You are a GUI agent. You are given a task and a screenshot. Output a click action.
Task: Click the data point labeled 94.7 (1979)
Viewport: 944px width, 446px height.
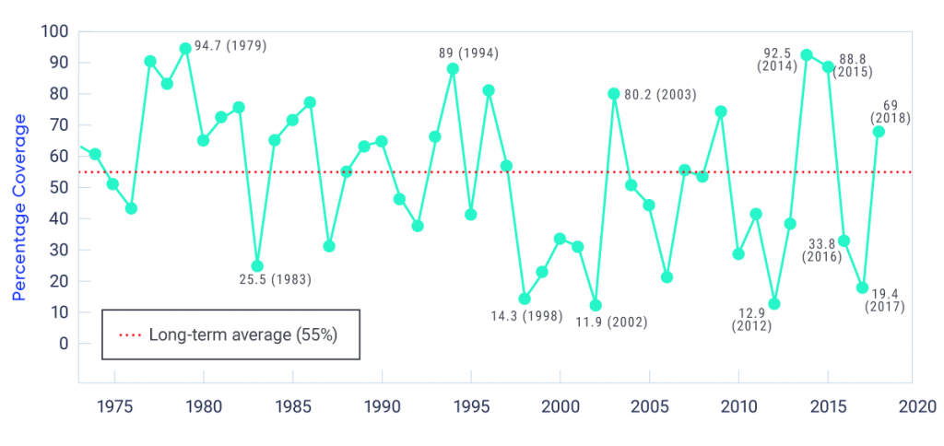tap(185, 48)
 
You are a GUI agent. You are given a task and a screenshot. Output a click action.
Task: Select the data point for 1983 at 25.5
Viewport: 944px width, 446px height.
tap(257, 266)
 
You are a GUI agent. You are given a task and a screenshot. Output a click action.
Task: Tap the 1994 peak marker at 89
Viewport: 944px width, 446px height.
tap(453, 68)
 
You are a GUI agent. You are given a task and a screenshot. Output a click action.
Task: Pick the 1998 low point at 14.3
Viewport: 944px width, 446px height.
tap(525, 299)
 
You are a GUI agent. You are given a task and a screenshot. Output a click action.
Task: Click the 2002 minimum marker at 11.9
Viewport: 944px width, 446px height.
tap(596, 305)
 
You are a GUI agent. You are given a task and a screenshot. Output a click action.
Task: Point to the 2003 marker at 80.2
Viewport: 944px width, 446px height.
tap(614, 93)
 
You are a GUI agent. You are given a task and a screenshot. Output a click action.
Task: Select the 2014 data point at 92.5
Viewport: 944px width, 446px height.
tap(807, 54)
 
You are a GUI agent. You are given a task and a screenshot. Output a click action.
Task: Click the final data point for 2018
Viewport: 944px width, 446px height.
tap(879, 131)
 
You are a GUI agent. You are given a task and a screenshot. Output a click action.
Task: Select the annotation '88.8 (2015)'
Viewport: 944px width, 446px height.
tap(854, 65)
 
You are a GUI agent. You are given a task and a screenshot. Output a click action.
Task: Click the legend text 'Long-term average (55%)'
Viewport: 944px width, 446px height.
tap(242, 334)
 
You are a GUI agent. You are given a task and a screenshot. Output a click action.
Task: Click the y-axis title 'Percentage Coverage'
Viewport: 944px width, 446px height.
tap(19, 208)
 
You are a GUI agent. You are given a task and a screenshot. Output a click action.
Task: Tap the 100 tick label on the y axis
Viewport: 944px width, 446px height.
tap(55, 32)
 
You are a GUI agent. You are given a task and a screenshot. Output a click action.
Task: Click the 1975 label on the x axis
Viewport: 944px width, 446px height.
tap(114, 405)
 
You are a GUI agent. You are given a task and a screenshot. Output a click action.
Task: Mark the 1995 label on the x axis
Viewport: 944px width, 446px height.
tap(471, 405)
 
